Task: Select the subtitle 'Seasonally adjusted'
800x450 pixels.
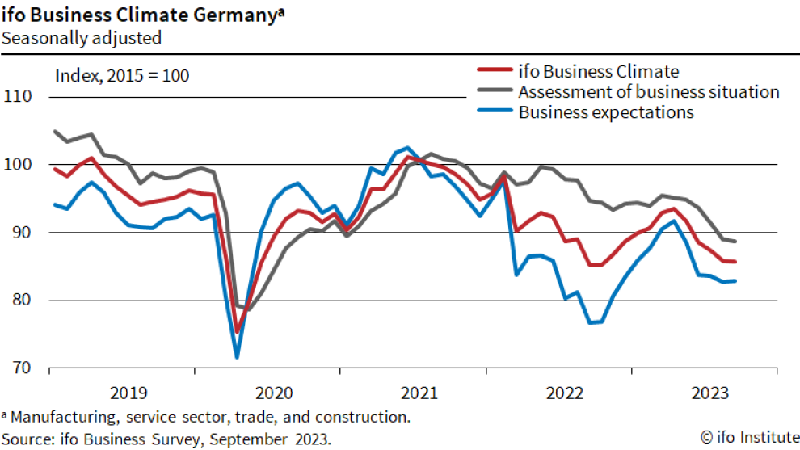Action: (x=81, y=37)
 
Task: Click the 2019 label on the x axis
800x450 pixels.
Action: (x=129, y=393)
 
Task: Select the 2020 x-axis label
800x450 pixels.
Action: (x=275, y=393)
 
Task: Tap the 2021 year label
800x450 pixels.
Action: (x=420, y=393)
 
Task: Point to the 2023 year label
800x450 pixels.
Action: (x=711, y=393)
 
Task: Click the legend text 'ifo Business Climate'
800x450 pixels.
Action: (x=599, y=71)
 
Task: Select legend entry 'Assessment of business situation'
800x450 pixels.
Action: (x=648, y=91)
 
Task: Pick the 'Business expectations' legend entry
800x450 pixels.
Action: (x=606, y=112)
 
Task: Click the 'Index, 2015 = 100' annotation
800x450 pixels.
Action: (x=122, y=76)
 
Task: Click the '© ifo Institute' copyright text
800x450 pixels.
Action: (x=748, y=438)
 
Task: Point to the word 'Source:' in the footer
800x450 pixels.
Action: (x=28, y=439)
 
